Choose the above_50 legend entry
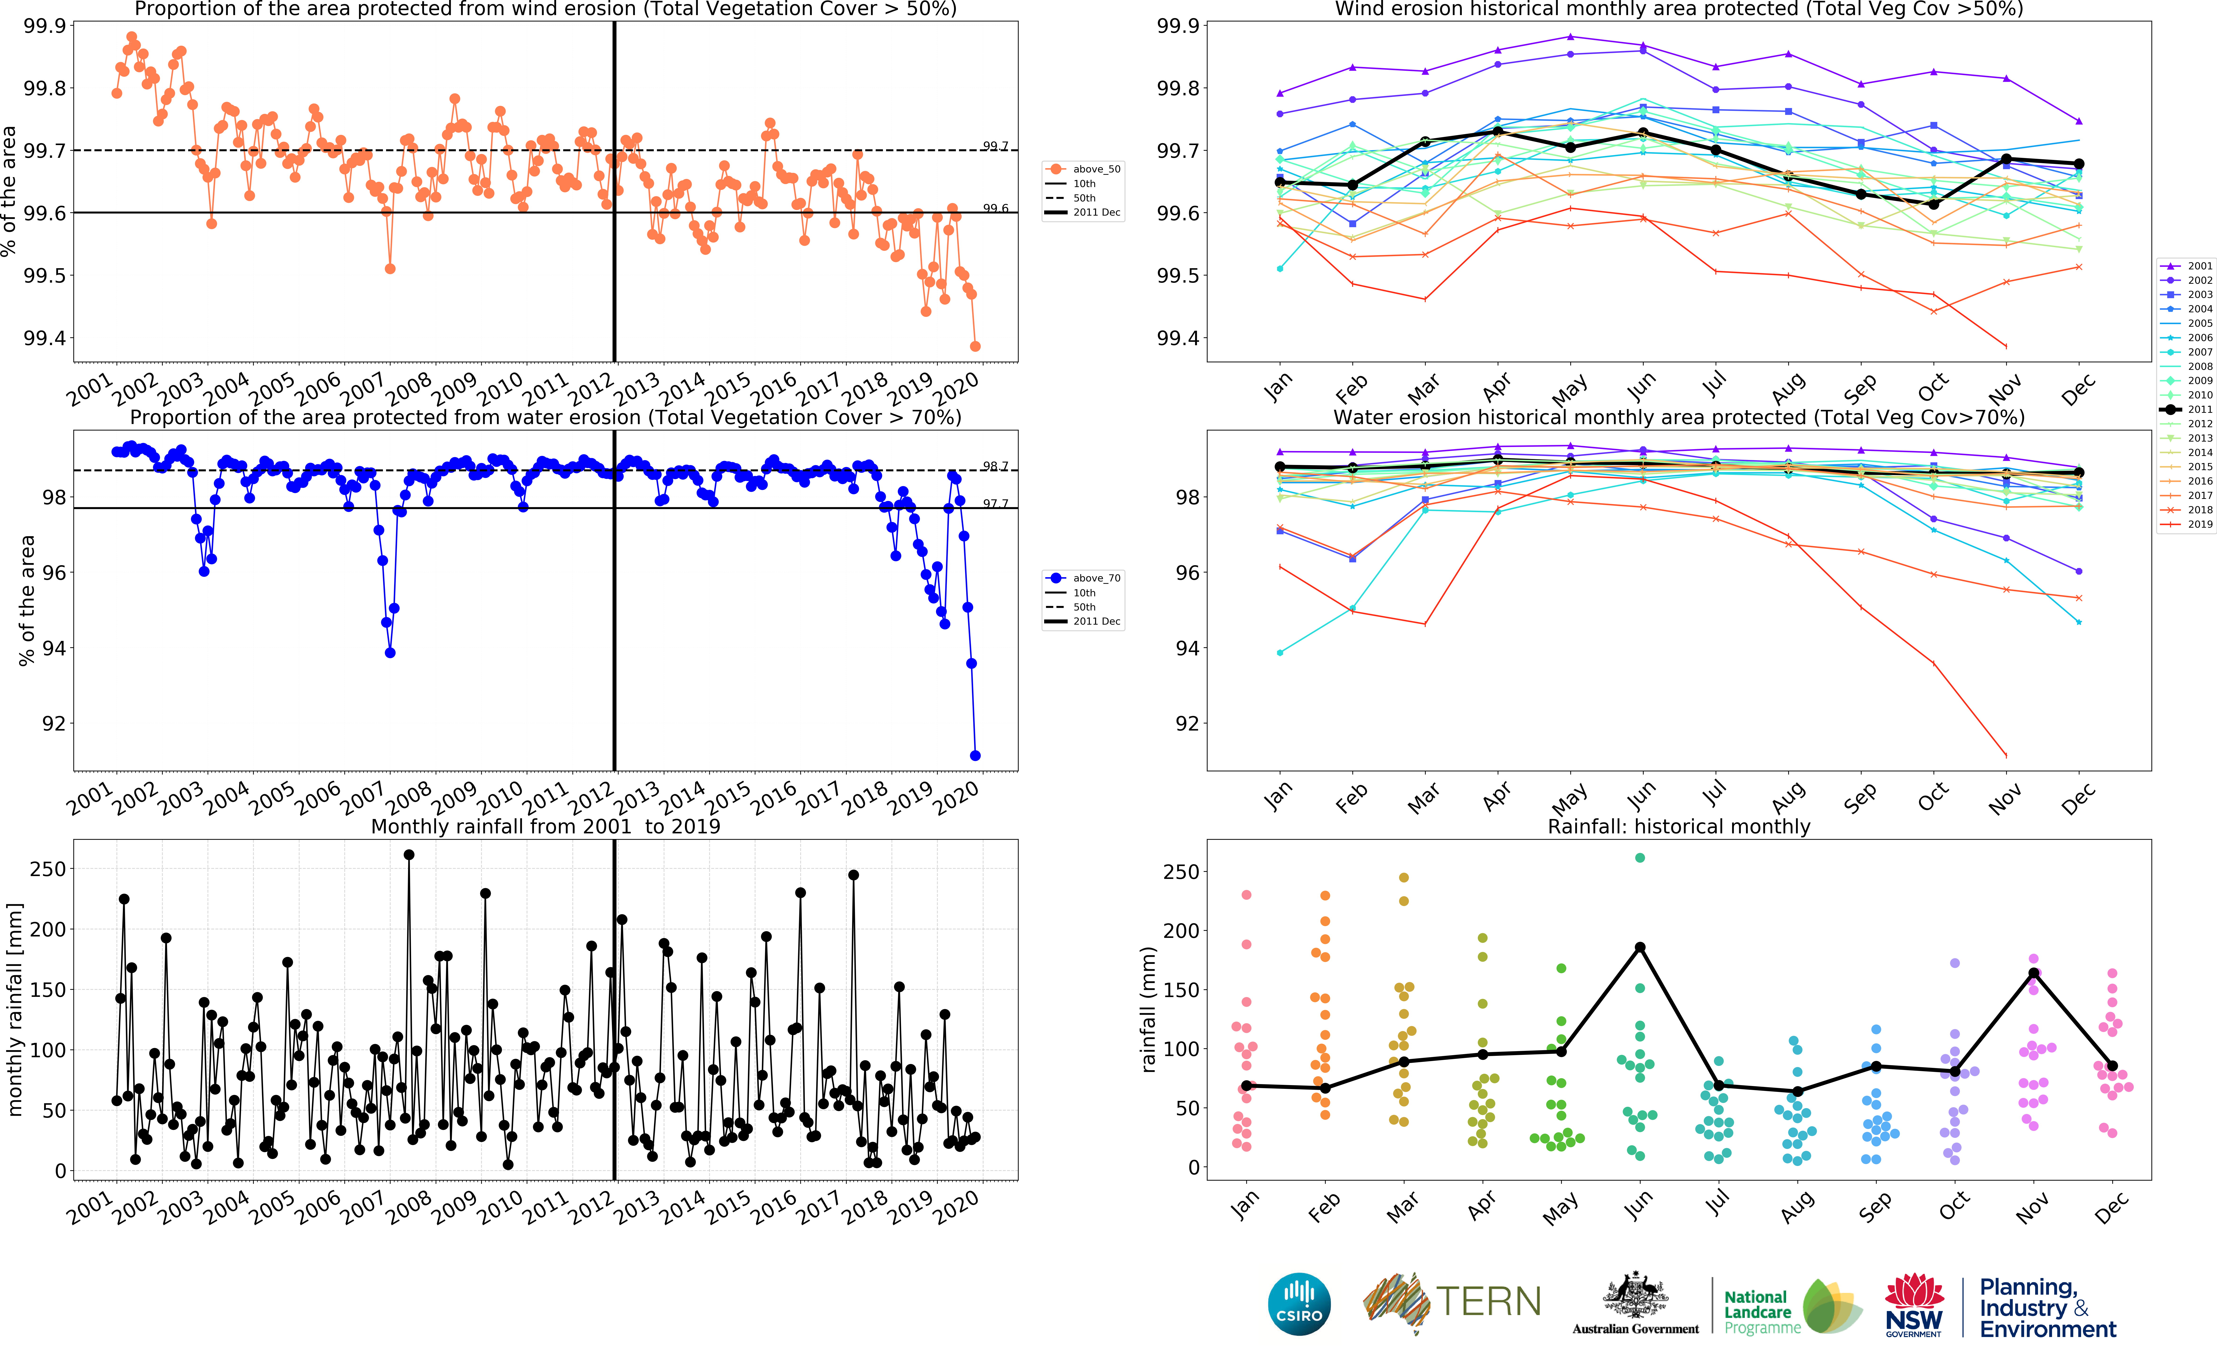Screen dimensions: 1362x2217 [1083, 168]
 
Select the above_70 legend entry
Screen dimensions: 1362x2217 [1083, 577]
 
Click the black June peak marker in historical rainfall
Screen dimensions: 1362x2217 [1640, 947]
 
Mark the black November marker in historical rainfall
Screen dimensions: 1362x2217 [2033, 973]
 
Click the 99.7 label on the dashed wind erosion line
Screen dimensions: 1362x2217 [995, 146]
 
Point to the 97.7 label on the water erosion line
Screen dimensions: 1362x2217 [995, 504]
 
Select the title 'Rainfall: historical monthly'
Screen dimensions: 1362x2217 [1679, 826]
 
